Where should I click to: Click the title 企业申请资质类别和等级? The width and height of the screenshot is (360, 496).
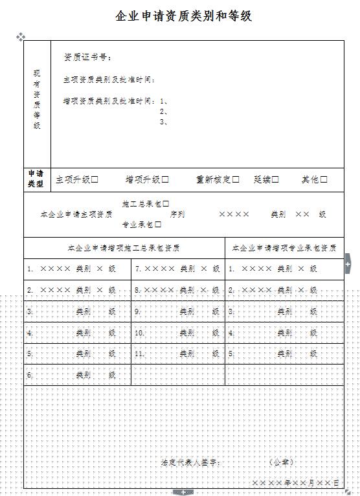(x=183, y=16)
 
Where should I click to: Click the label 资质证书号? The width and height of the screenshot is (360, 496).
(x=88, y=58)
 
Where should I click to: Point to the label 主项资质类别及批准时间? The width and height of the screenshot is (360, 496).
(x=109, y=80)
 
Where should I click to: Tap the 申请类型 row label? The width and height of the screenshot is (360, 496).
(x=36, y=179)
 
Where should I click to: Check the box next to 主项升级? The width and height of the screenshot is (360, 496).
(x=95, y=179)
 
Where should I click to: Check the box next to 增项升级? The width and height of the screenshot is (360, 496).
(x=165, y=179)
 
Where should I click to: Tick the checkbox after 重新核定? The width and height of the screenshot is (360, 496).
(x=236, y=179)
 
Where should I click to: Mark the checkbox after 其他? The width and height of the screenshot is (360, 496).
(x=324, y=179)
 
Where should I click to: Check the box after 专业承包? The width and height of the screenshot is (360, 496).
(x=158, y=225)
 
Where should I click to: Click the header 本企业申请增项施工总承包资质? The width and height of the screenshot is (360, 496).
(x=124, y=247)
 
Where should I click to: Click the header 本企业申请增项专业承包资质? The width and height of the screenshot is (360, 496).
(x=284, y=247)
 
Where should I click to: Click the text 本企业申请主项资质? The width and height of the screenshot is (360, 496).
(x=76, y=214)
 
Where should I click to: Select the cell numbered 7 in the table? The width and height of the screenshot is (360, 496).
(x=177, y=268)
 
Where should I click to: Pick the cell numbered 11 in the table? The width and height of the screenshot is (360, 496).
(x=177, y=354)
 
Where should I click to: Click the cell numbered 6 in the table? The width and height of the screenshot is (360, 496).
(x=77, y=375)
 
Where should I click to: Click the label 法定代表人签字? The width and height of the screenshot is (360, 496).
(x=191, y=462)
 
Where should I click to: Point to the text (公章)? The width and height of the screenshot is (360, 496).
(x=281, y=462)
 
